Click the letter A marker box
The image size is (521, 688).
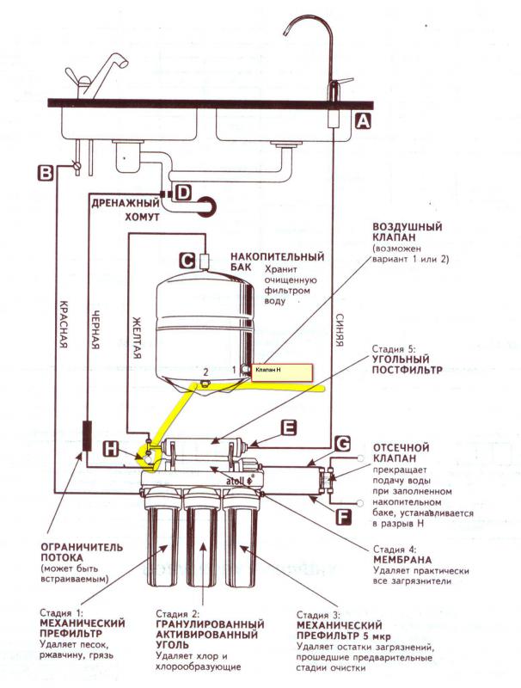click(362, 120)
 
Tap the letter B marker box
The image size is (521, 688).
click(45, 173)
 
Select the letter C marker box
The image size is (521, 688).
click(187, 261)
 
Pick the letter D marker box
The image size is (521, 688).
click(183, 192)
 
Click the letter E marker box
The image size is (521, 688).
click(289, 427)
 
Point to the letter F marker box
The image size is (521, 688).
click(343, 517)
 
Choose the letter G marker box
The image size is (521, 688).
click(342, 444)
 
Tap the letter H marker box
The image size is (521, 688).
click(112, 448)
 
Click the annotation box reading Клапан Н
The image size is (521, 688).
click(281, 372)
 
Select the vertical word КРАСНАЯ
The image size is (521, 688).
click(64, 324)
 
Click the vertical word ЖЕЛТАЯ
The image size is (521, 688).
click(137, 337)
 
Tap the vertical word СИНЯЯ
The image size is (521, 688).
click(339, 329)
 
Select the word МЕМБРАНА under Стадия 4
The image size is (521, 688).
click(402, 560)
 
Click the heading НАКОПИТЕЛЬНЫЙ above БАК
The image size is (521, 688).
click(278, 256)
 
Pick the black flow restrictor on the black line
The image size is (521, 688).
click(87, 436)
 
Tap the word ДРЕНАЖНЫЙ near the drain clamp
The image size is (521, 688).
click(126, 203)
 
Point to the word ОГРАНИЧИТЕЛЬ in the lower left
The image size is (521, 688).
click(82, 547)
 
